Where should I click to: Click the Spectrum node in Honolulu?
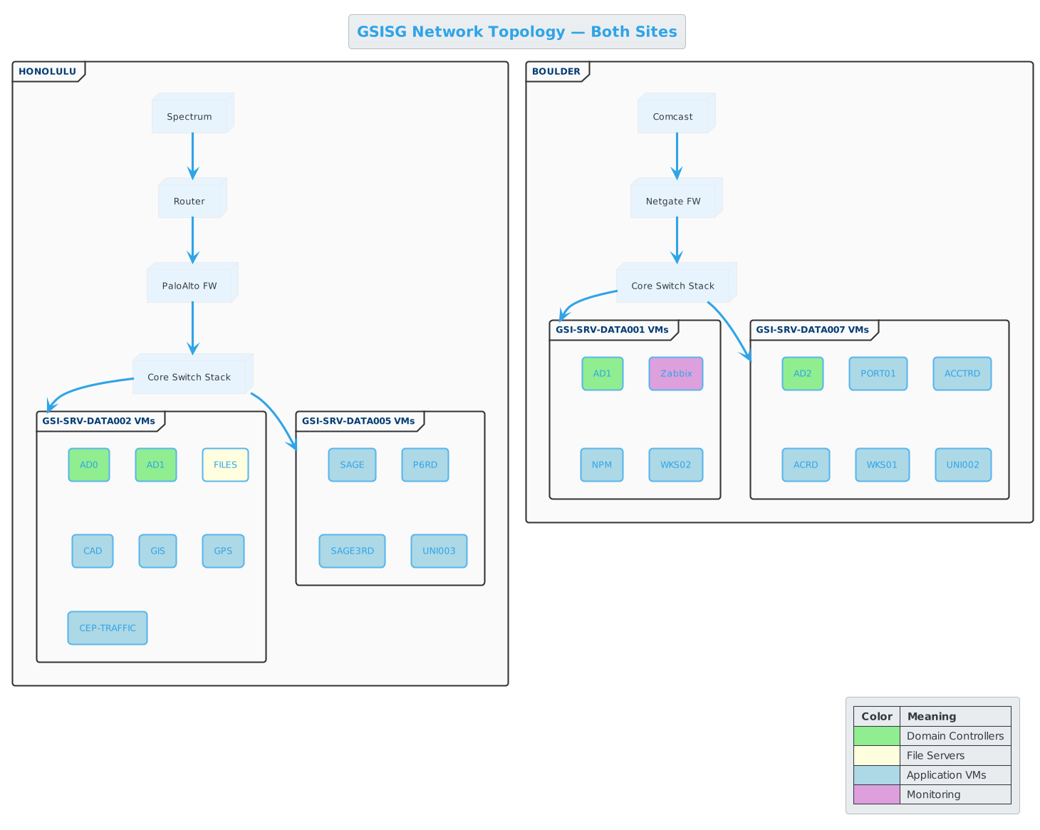point(189,116)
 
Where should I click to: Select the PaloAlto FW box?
point(189,286)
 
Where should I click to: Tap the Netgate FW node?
point(673,201)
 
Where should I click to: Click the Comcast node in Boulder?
point(673,116)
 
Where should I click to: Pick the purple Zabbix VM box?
point(676,373)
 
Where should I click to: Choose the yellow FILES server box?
point(225,465)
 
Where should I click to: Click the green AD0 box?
point(89,465)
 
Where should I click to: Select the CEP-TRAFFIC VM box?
point(108,628)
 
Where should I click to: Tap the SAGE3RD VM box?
point(352,551)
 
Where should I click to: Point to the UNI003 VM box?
point(439,551)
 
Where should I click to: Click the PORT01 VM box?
point(878,373)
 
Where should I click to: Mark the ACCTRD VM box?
point(962,373)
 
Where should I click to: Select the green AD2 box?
point(802,373)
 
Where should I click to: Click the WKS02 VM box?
point(675,465)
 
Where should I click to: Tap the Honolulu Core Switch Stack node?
point(189,377)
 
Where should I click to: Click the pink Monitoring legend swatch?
point(876,794)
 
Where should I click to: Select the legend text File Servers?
point(935,755)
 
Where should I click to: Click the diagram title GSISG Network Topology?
point(516,31)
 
